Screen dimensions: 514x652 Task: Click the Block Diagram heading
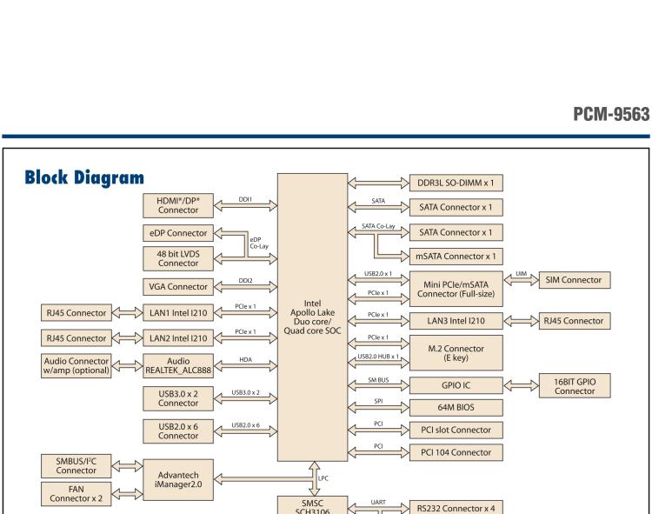click(83, 178)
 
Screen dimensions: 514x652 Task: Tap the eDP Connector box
click(177, 233)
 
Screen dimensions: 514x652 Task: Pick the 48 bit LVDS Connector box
click(177, 257)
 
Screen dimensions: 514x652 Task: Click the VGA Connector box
click(177, 286)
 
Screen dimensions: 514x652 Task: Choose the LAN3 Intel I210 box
click(456, 321)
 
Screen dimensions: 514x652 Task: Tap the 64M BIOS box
click(456, 407)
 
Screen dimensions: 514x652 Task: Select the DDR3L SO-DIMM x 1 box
click(456, 184)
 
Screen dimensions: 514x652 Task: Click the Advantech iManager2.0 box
click(177, 479)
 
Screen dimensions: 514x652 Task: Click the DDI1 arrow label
click(245, 198)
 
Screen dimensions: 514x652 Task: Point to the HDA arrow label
click(245, 358)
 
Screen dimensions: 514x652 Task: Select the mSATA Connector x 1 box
click(456, 257)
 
